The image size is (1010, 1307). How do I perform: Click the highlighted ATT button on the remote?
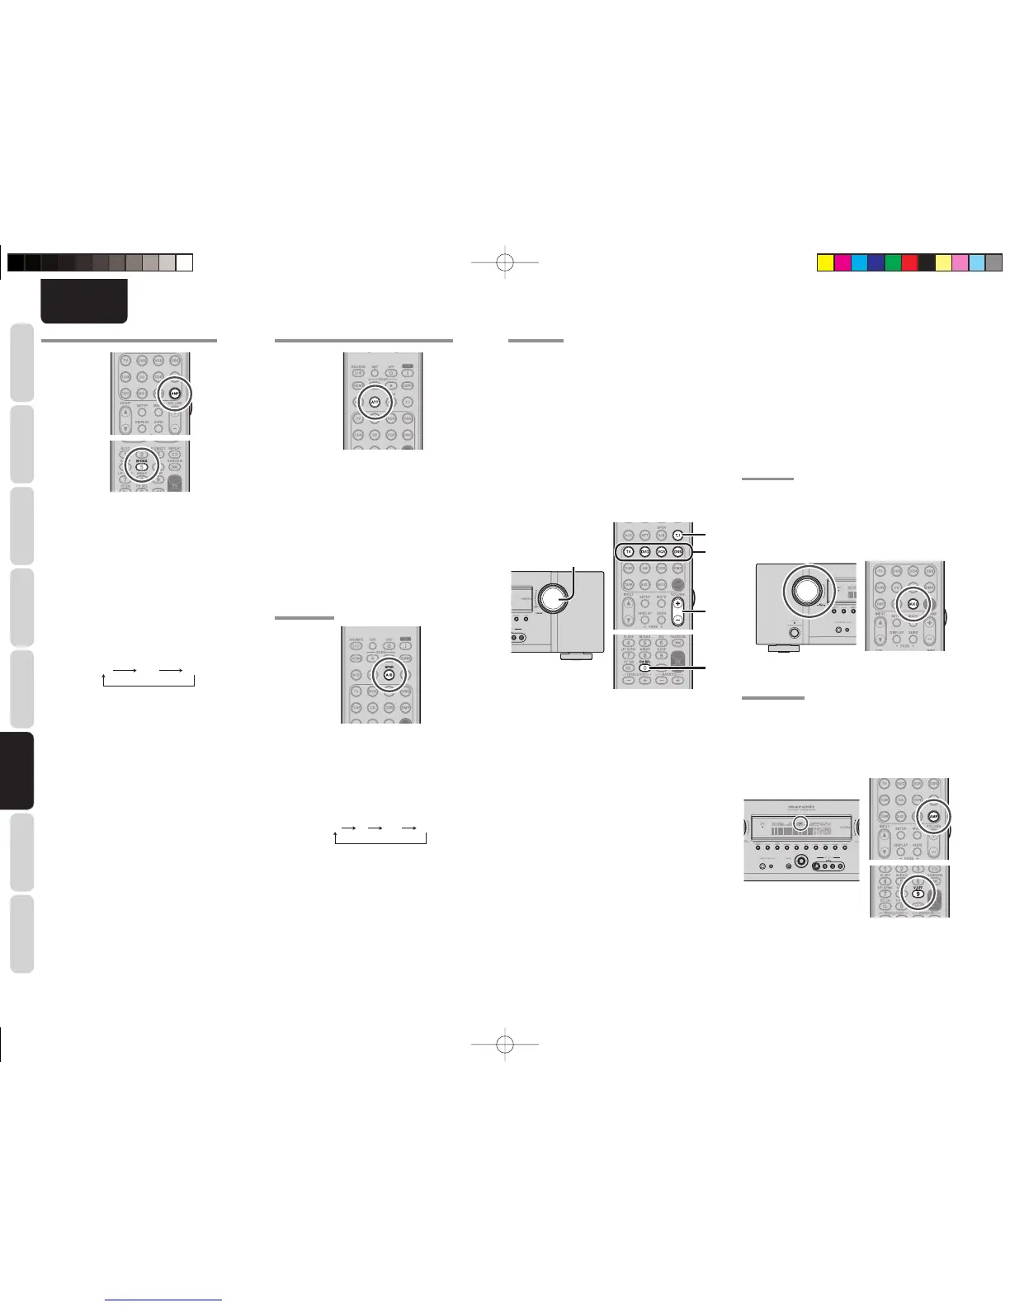click(375, 402)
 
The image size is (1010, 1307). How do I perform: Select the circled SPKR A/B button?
click(389, 674)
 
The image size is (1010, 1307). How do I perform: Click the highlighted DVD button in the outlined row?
click(644, 551)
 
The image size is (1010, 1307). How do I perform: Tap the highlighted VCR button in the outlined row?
click(661, 551)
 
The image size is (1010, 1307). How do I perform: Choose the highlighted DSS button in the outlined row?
click(677, 551)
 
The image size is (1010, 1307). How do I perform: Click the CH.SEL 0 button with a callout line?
click(644, 667)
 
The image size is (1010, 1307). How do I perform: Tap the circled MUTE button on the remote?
click(913, 603)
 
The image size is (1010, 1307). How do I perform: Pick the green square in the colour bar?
click(892, 263)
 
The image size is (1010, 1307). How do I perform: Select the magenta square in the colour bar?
click(842, 263)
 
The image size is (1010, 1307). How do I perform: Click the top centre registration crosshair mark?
click(506, 263)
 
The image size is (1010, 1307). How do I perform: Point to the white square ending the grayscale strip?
click(185, 263)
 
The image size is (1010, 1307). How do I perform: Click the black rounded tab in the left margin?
click(21, 771)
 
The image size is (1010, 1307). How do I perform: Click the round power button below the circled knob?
click(795, 635)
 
